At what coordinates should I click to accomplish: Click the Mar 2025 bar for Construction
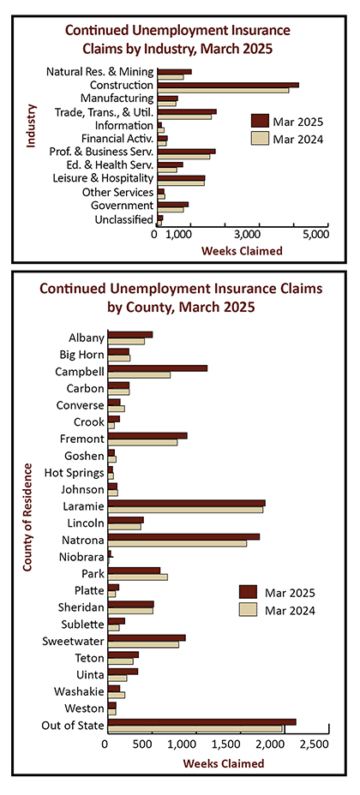coord(228,85)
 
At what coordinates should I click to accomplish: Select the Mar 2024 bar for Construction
coord(223,91)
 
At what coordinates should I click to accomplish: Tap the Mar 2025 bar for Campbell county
coord(158,368)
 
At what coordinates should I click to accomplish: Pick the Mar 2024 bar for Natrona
coord(177,543)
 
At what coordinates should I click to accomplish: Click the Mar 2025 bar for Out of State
coord(201,722)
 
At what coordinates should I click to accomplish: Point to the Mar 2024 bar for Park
coord(138,577)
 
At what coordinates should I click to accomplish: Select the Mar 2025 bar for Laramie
coord(187,503)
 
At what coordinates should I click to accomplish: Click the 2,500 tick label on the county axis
coord(311,744)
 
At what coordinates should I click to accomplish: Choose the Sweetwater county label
coord(74,642)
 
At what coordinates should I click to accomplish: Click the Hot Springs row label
coord(74,474)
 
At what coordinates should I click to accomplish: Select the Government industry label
coord(122,206)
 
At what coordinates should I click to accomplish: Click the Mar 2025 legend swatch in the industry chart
coord(260,121)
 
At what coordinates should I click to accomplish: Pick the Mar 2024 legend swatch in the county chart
coord(248,610)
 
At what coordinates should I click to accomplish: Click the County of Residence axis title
coord(27,517)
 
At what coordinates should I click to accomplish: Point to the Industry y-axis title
coord(31,126)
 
